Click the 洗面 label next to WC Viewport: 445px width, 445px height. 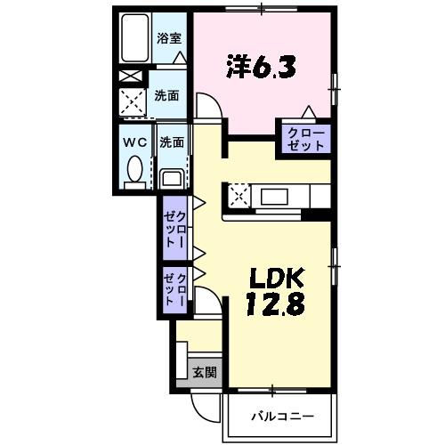click(171, 142)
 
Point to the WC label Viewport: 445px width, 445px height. click(134, 142)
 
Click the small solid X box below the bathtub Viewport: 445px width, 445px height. click(130, 77)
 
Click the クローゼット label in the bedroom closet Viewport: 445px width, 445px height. click(306, 138)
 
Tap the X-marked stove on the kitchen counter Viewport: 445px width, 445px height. click(239, 196)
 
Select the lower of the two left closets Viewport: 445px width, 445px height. click(174, 290)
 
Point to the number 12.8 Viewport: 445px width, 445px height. click(275, 304)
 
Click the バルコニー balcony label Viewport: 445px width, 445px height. click(279, 416)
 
